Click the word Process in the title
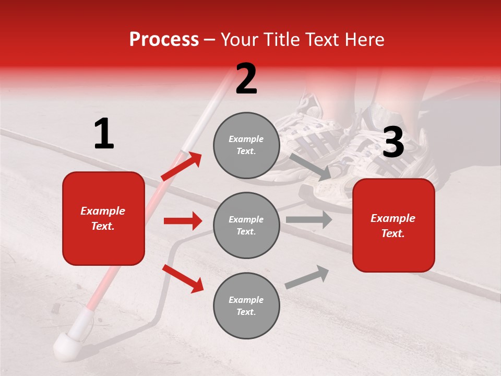pyautogui.click(x=164, y=39)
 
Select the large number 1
pyautogui.click(x=104, y=134)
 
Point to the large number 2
pyautogui.click(x=246, y=79)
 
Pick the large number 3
pyautogui.click(x=393, y=142)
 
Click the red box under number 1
pyautogui.click(x=103, y=218)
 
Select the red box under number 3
pyautogui.click(x=393, y=226)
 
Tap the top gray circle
pyautogui.click(x=246, y=145)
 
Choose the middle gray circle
pyautogui.click(x=246, y=225)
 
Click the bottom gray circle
pyautogui.click(x=246, y=305)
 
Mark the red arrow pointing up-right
pyautogui.click(x=182, y=166)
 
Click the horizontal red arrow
pyautogui.click(x=183, y=221)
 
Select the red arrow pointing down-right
pyautogui.click(x=183, y=278)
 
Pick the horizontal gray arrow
pyautogui.click(x=309, y=220)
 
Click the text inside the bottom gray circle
pyautogui.click(x=246, y=305)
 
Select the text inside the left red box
pyautogui.click(x=103, y=218)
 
